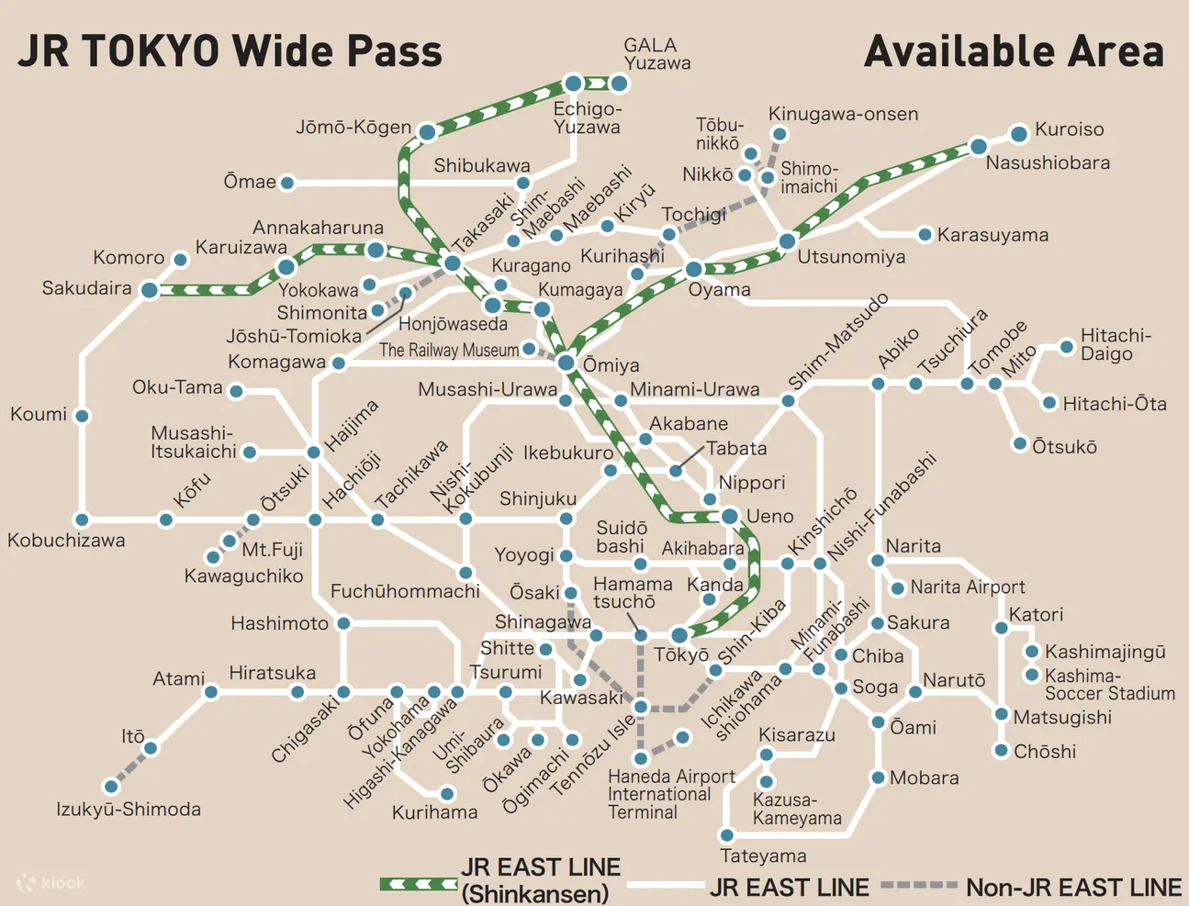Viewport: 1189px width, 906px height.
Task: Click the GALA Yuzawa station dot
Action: (x=620, y=84)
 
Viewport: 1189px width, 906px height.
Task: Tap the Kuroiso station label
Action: (x=1069, y=129)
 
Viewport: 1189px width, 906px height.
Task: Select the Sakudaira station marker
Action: (x=149, y=290)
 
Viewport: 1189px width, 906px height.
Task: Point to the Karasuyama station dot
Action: (x=925, y=235)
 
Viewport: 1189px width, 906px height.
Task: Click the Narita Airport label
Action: (x=968, y=587)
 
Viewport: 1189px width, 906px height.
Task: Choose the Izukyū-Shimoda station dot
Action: (x=111, y=786)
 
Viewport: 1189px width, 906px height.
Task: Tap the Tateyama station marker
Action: (x=726, y=835)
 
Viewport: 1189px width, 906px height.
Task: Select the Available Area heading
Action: (x=1014, y=51)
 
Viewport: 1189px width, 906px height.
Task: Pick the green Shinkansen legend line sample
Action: (x=419, y=884)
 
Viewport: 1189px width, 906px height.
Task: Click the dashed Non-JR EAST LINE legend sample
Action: (x=918, y=886)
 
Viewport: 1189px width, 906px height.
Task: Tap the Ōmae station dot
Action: (x=287, y=183)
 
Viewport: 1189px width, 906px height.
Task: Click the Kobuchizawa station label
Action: (x=66, y=540)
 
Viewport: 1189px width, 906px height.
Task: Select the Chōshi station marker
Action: (x=1002, y=750)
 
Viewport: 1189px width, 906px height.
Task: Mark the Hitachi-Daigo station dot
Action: (x=1066, y=347)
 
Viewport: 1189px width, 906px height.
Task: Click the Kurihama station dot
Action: (x=447, y=794)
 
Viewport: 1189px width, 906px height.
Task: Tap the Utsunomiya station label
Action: (x=850, y=257)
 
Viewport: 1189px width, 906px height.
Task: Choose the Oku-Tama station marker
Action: (x=236, y=392)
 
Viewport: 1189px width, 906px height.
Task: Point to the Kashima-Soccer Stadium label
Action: (x=1109, y=685)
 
